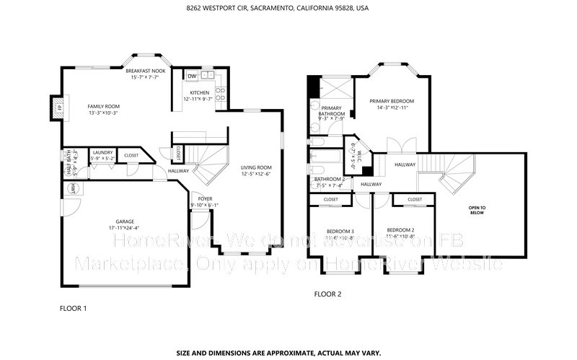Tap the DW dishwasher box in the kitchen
(x=192, y=76)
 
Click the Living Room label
(x=255, y=167)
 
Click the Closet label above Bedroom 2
(x=415, y=199)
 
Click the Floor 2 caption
(x=327, y=294)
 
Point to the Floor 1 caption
(x=72, y=307)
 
